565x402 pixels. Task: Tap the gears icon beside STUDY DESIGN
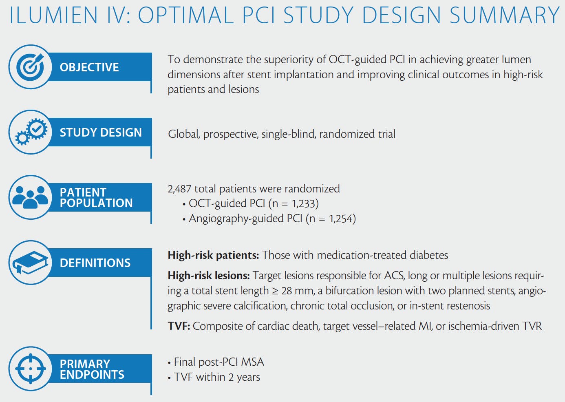pyautogui.click(x=31, y=132)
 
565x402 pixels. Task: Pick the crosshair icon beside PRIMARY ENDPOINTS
pyautogui.click(x=31, y=369)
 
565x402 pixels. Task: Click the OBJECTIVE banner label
pyautogui.click(x=89, y=67)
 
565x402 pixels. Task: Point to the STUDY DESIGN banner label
pyautogui.click(x=101, y=133)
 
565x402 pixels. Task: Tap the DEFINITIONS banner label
pyautogui.click(x=95, y=263)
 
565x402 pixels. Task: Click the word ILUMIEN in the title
pyautogui.click(x=53, y=15)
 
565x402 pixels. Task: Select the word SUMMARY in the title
pyautogui.click(x=504, y=15)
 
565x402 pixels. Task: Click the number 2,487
pyautogui.click(x=179, y=189)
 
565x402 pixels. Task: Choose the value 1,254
pyautogui.click(x=341, y=219)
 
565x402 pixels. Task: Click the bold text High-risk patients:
pyautogui.click(x=213, y=255)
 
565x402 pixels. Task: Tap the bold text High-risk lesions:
pyautogui.click(x=209, y=276)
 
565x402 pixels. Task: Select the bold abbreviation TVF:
pyautogui.click(x=179, y=326)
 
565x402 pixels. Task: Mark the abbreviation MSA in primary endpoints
pyautogui.click(x=253, y=362)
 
